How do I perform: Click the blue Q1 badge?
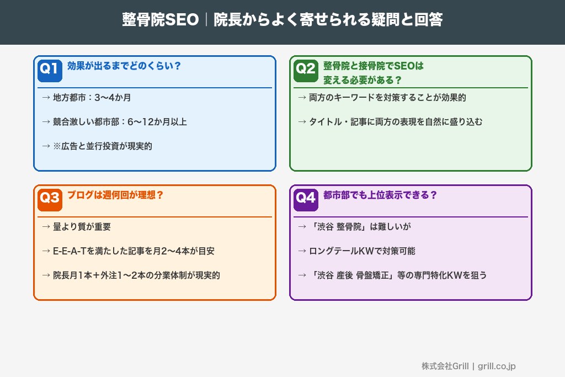tap(49, 69)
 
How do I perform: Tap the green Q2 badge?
tap(305, 69)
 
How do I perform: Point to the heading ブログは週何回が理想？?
tap(115, 195)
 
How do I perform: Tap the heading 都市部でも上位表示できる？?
tap(380, 195)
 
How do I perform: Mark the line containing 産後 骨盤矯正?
tap(392, 275)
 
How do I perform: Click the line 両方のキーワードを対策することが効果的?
tap(382, 98)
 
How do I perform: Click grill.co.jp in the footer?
tap(497, 366)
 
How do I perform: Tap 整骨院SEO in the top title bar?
tap(160, 20)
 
